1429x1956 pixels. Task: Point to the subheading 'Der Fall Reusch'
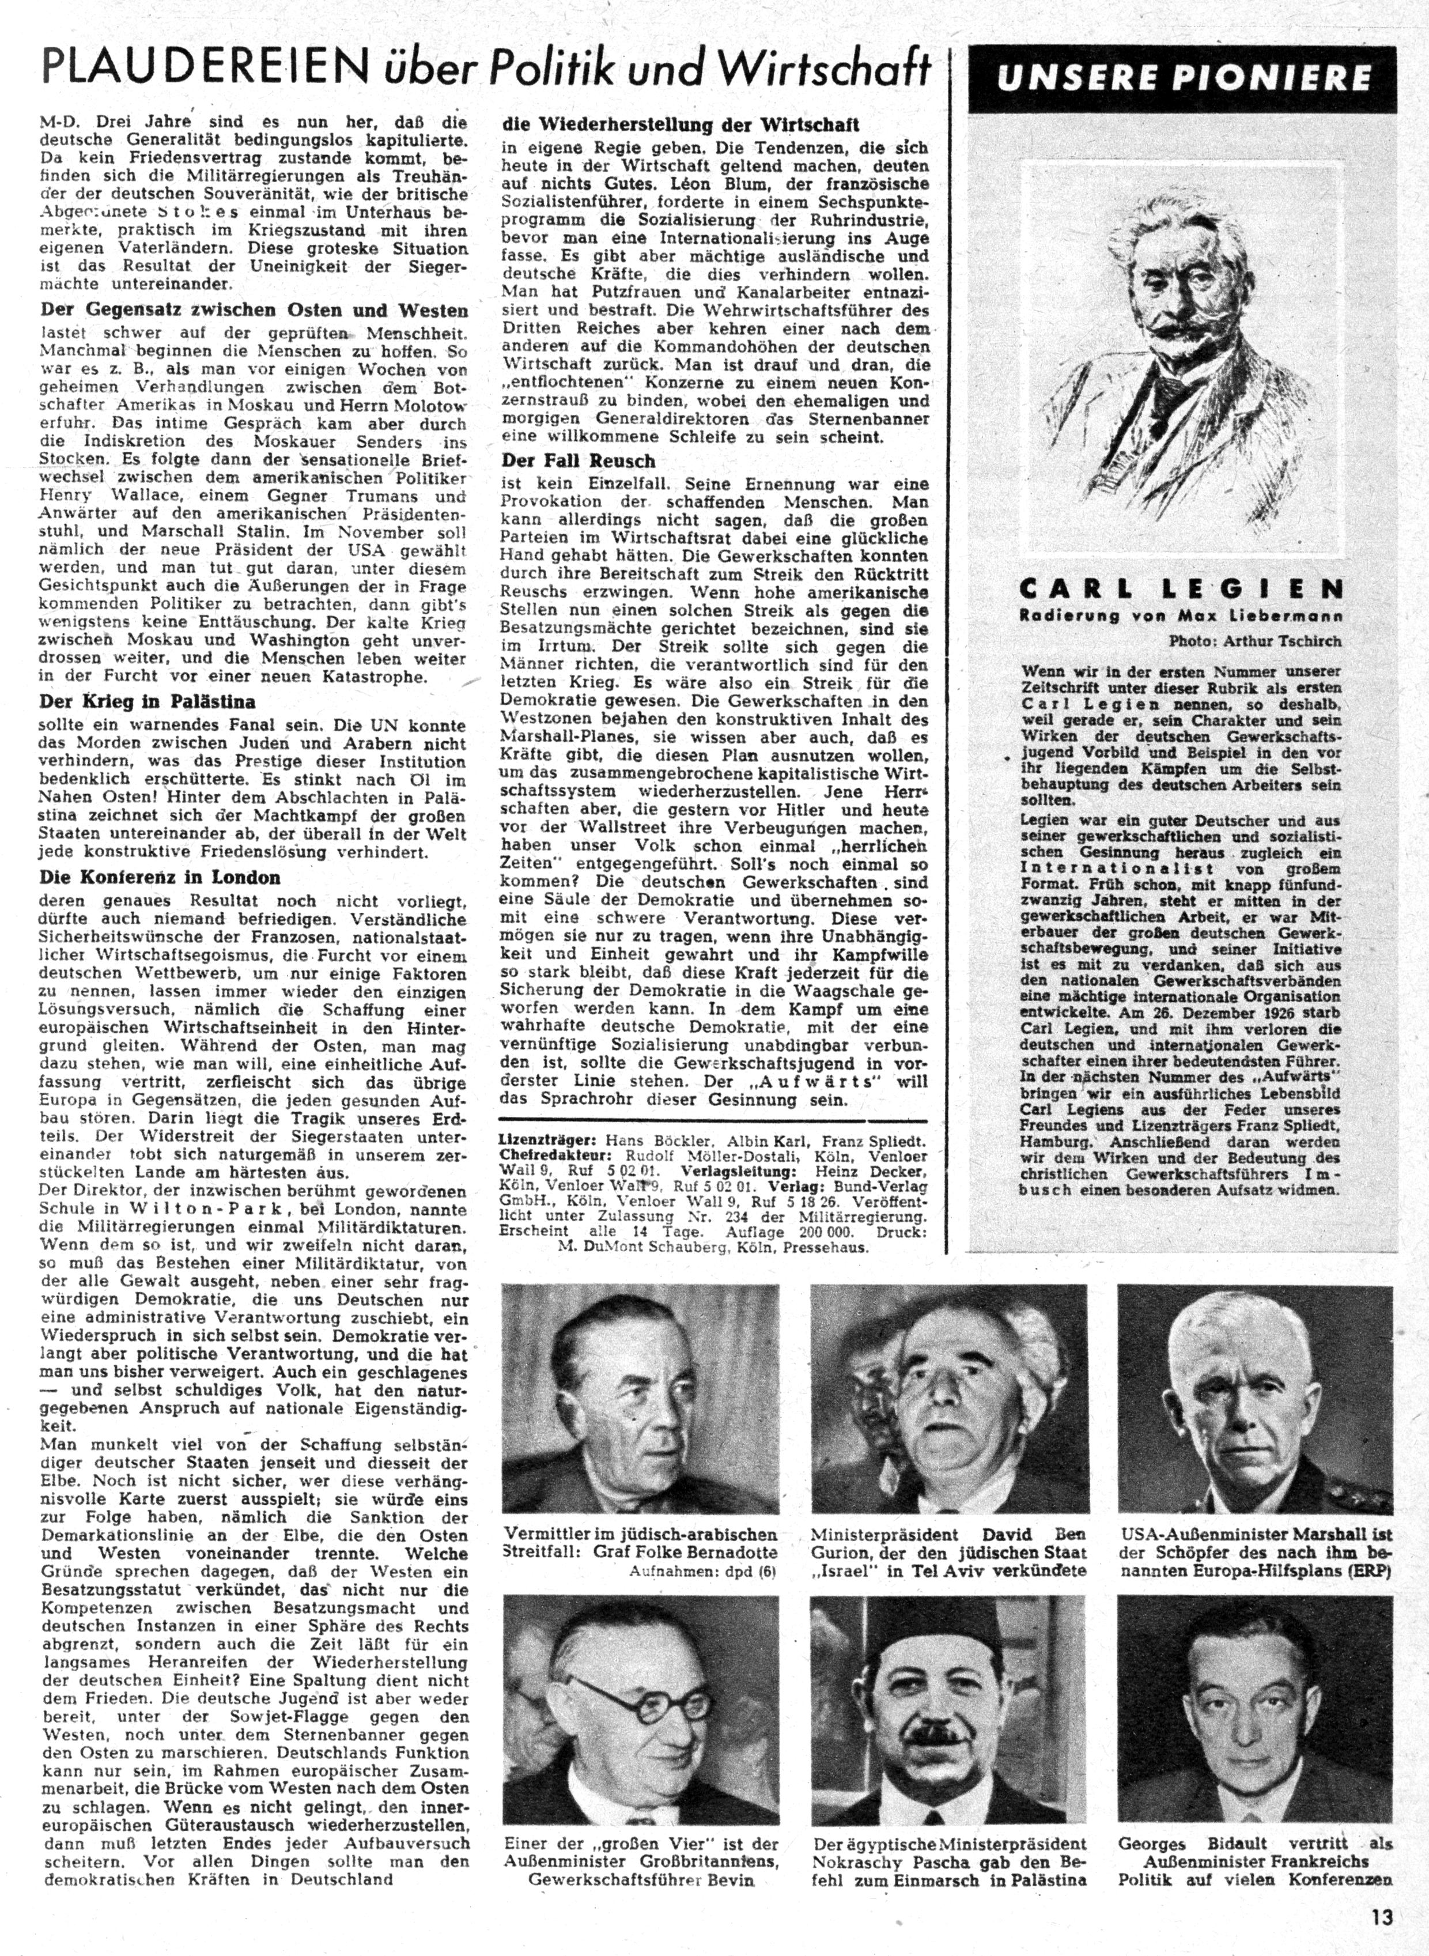click(x=578, y=460)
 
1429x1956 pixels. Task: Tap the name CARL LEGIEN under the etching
click(x=1181, y=590)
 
